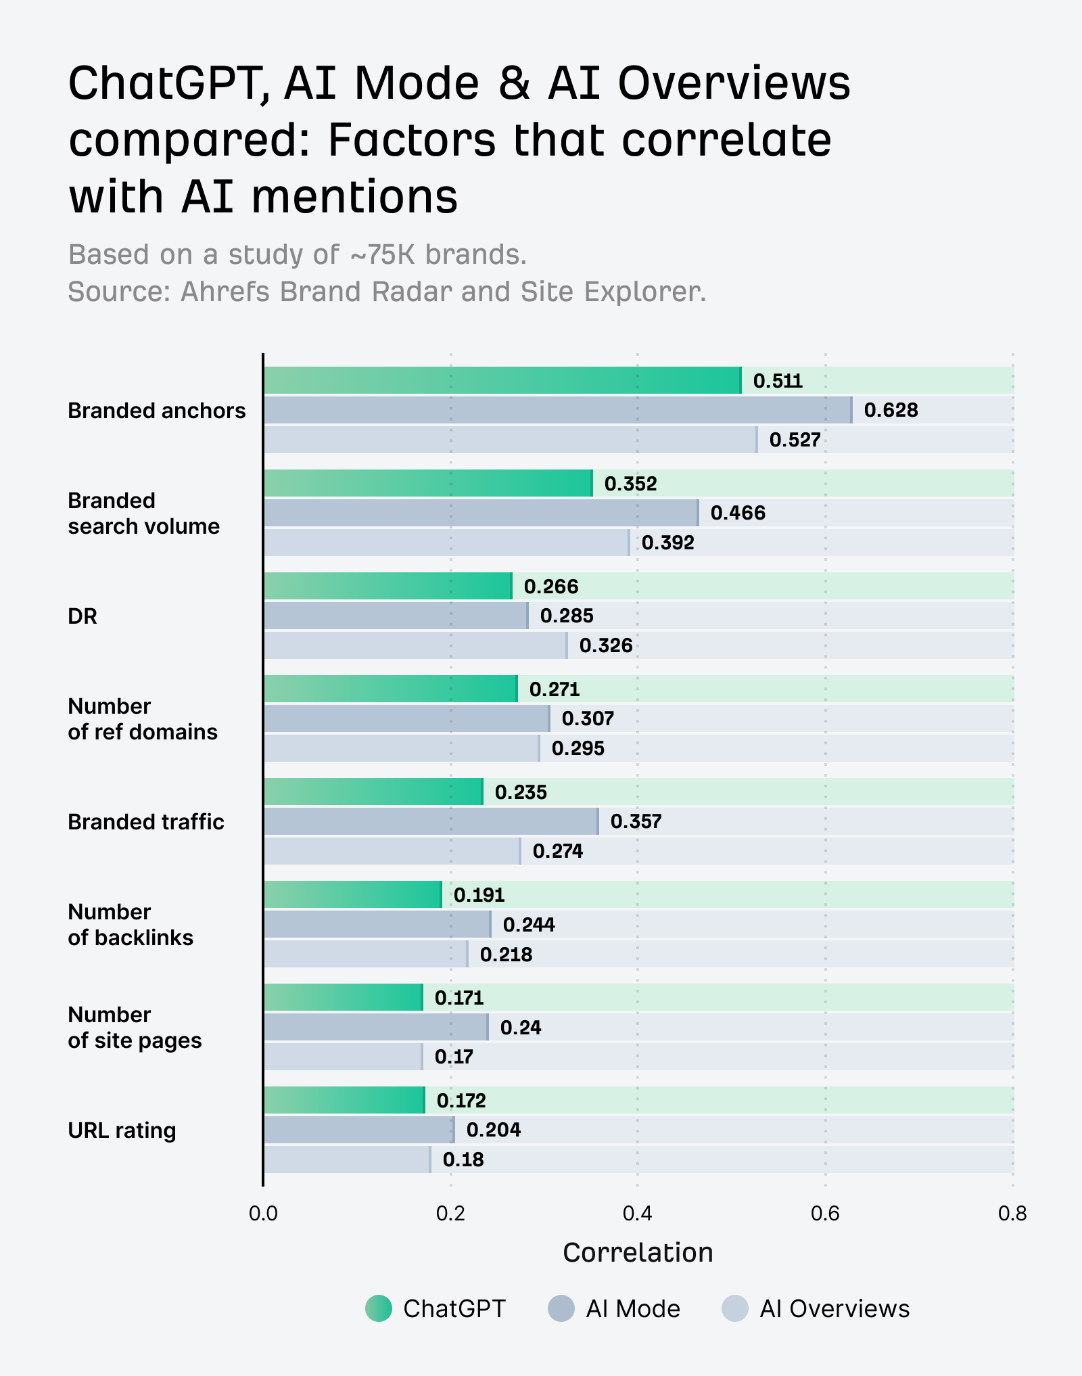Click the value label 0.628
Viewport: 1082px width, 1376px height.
click(x=891, y=410)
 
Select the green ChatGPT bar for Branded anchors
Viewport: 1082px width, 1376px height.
click(x=502, y=380)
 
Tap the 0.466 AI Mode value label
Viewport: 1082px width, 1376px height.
click(x=738, y=513)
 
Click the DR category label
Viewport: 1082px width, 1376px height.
click(x=83, y=616)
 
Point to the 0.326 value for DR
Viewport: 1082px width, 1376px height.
click(x=606, y=645)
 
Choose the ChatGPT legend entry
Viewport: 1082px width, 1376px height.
click(x=436, y=1308)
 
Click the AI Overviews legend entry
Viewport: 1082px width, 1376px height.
click(x=816, y=1308)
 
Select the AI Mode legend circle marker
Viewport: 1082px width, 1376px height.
click(x=561, y=1308)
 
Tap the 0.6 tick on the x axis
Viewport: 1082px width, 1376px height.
click(x=825, y=1213)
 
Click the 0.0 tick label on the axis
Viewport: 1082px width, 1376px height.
click(x=263, y=1213)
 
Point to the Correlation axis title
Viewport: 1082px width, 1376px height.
click(x=638, y=1253)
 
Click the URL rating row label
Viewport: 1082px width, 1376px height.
click(x=122, y=1130)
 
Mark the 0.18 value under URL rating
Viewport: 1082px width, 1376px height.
click(x=463, y=1160)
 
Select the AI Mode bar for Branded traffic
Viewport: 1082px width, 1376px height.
click(x=431, y=821)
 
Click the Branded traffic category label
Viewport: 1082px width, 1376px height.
click(x=146, y=822)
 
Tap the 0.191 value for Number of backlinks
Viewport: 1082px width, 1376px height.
click(x=479, y=895)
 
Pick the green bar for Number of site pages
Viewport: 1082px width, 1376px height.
click(x=344, y=997)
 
